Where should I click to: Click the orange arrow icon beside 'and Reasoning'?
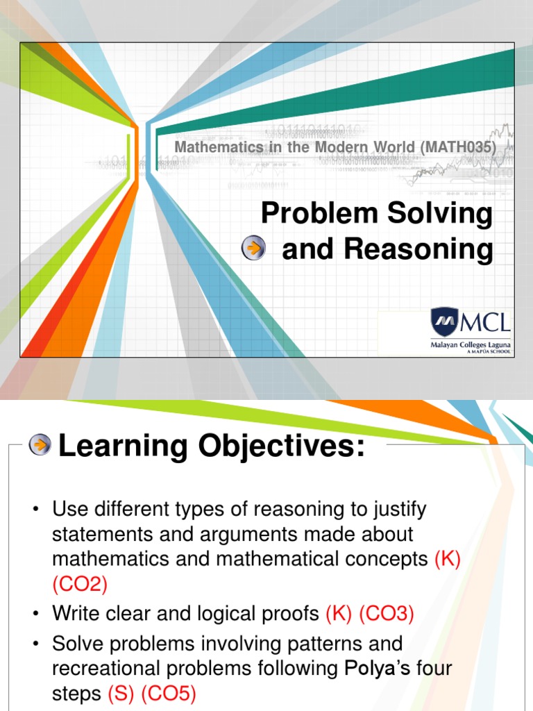coord(254,248)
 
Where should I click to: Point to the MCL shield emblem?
coord(444,322)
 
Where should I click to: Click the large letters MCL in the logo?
coord(485,322)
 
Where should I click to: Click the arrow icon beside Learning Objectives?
coord(41,445)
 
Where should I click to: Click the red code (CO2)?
coord(80,585)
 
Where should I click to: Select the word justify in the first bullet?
coord(398,510)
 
